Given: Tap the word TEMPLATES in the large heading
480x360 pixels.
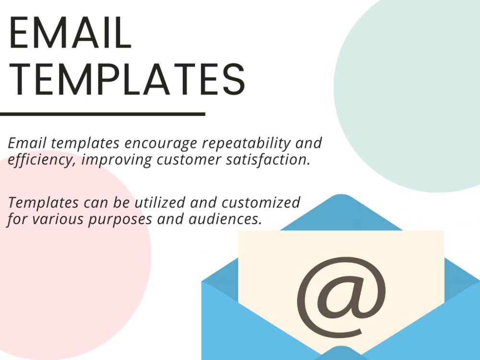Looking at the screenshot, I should [127, 80].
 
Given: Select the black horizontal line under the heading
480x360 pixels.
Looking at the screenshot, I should [102, 114].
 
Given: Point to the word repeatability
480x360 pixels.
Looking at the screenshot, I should [250, 144].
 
